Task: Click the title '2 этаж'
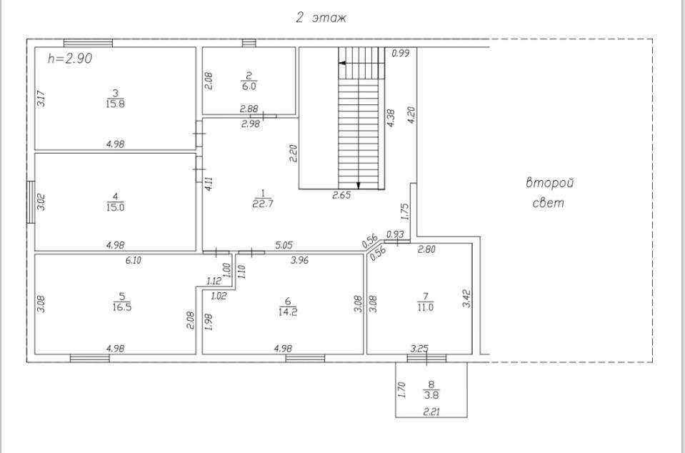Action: click(x=321, y=18)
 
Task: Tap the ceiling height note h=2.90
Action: click(x=69, y=59)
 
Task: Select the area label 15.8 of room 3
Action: click(x=116, y=103)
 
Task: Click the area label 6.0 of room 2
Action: click(x=249, y=84)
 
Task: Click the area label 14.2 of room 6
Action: click(x=287, y=311)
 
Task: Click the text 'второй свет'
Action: click(x=550, y=193)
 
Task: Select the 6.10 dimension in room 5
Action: click(x=133, y=261)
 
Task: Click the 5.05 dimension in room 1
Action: click(x=284, y=245)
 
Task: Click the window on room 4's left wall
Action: click(x=31, y=201)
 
